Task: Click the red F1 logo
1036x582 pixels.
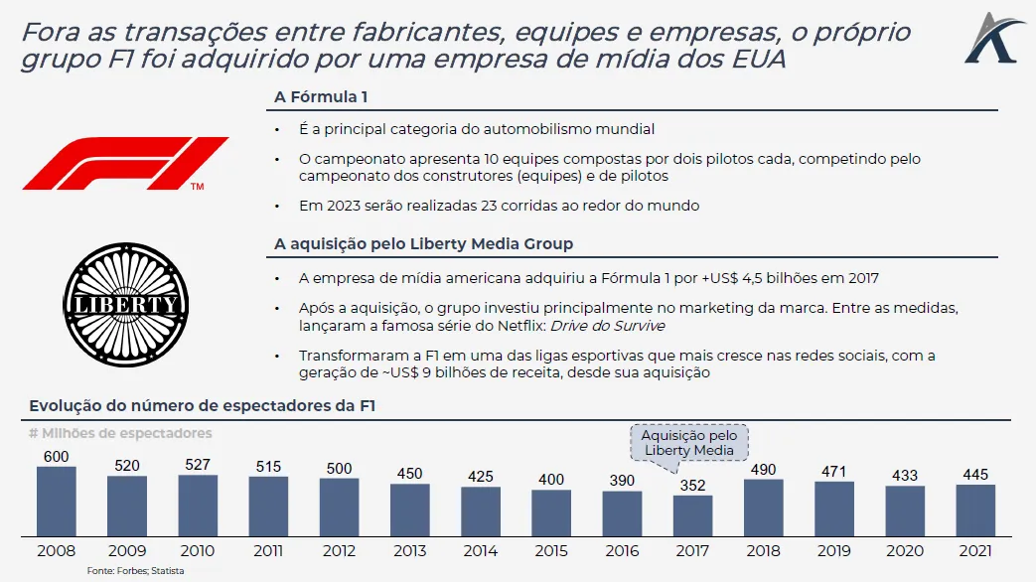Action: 125,163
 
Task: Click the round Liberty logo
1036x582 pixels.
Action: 126,303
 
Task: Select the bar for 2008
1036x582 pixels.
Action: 57,502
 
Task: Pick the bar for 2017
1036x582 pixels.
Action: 692,515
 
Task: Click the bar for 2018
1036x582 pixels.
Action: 763,508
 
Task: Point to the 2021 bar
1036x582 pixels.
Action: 975,510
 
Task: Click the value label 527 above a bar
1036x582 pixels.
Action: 198,465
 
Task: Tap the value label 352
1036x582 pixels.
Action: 692,486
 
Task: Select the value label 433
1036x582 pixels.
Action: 905,476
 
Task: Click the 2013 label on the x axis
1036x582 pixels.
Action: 410,548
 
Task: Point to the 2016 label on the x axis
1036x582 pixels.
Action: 622,548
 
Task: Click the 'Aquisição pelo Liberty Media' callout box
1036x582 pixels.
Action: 689,443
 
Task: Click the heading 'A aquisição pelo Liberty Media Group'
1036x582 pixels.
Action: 423,243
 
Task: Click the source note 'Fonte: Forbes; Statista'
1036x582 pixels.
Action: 135,571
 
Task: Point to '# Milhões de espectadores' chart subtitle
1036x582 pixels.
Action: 120,433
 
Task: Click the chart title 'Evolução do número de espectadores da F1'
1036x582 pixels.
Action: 203,405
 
